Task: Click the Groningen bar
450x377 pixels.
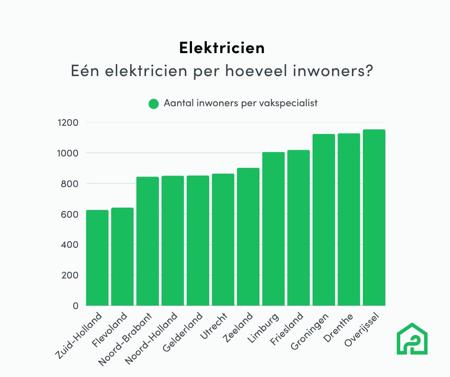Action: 324,220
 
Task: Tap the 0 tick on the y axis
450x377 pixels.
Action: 75,306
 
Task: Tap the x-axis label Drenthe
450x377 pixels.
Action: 338,329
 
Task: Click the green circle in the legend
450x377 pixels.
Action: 154,104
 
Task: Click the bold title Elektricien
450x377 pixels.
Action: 222,48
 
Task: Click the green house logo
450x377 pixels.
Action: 412,339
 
